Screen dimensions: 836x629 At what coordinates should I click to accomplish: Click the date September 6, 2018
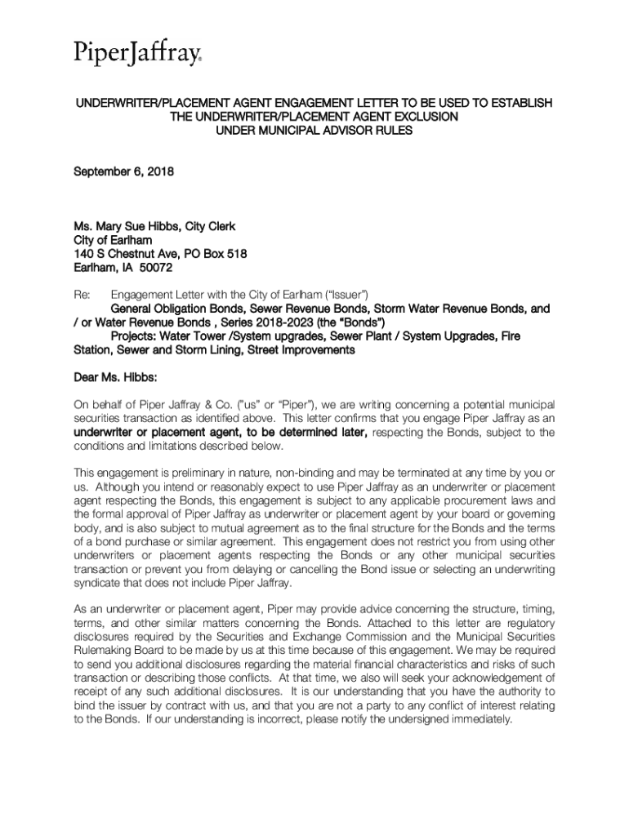pos(124,172)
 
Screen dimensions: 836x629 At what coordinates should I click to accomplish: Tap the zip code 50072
pos(154,268)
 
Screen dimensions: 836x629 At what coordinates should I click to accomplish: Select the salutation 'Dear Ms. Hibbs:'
pos(114,378)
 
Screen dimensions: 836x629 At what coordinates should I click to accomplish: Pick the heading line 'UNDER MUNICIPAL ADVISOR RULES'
pos(314,131)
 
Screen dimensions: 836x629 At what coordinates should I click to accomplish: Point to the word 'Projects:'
pos(136,336)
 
